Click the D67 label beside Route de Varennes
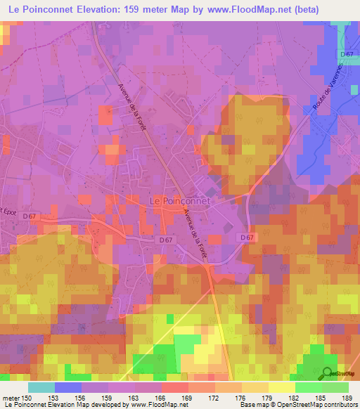pyautogui.click(x=346, y=54)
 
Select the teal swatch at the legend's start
pyautogui.click(x=41, y=387)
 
